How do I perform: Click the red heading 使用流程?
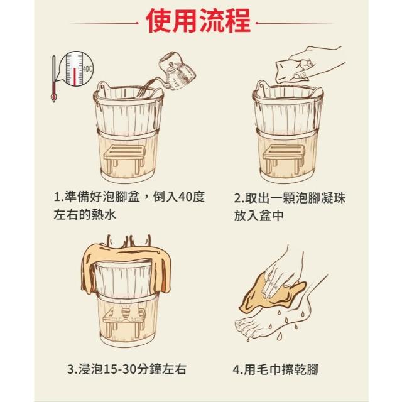click(x=198, y=21)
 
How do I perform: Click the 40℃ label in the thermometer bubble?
click(x=87, y=69)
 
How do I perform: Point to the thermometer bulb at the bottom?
click(x=54, y=97)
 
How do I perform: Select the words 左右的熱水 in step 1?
click(x=85, y=215)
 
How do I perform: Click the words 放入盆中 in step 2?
click(x=259, y=215)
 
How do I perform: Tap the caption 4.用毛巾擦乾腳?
click(x=275, y=369)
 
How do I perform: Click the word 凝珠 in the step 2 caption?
click(x=333, y=198)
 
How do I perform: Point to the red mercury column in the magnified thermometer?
click(x=75, y=77)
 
